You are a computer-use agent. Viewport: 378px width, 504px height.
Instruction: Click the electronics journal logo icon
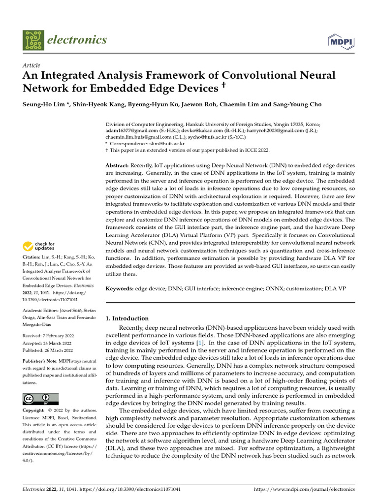(33, 41)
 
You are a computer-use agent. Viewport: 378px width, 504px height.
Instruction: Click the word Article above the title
(31, 65)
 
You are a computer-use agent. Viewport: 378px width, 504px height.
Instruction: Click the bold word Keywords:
(120, 289)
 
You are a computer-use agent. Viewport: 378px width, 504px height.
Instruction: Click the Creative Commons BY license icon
(40, 399)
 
